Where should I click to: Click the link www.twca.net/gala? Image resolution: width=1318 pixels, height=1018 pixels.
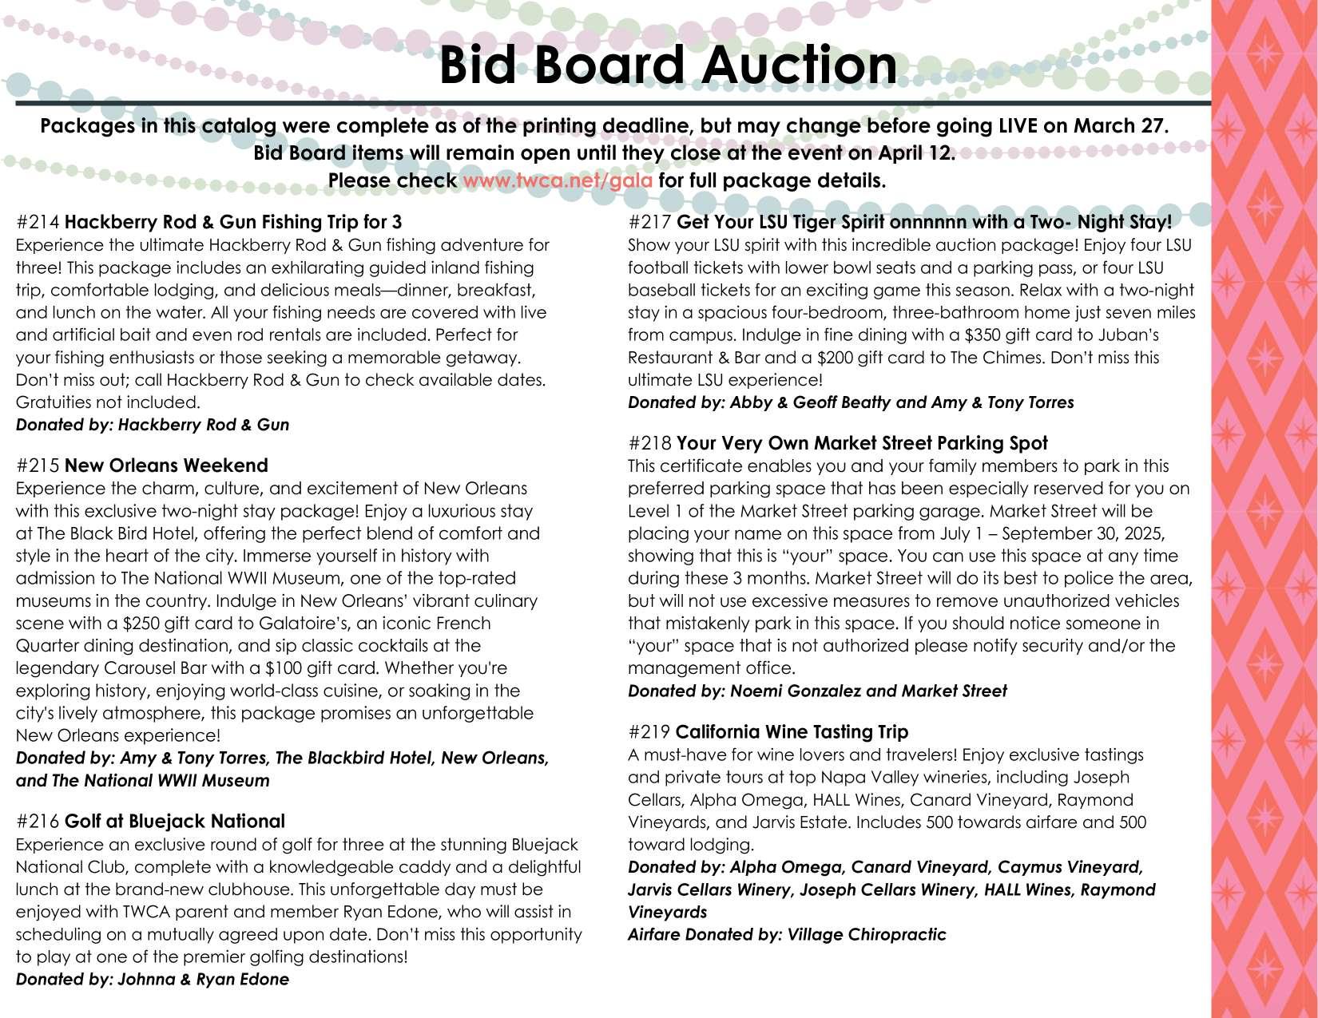coord(557,180)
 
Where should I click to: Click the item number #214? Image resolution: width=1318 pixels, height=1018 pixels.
coord(38,222)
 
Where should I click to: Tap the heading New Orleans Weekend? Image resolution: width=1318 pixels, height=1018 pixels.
coord(166,465)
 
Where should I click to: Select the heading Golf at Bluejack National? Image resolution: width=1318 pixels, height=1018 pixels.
coord(174,822)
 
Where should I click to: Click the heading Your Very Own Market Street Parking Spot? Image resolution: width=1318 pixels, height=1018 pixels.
coord(862,443)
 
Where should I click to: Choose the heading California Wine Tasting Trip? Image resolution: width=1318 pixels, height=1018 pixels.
coord(792,732)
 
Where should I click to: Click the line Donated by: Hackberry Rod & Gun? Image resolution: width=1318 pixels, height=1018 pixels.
coord(153,425)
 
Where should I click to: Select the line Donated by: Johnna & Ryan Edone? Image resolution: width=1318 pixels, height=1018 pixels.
coord(153,980)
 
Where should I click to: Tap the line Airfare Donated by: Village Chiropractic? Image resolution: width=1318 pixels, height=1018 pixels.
coord(787,935)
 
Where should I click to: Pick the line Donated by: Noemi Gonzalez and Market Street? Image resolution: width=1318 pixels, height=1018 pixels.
coord(817,691)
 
